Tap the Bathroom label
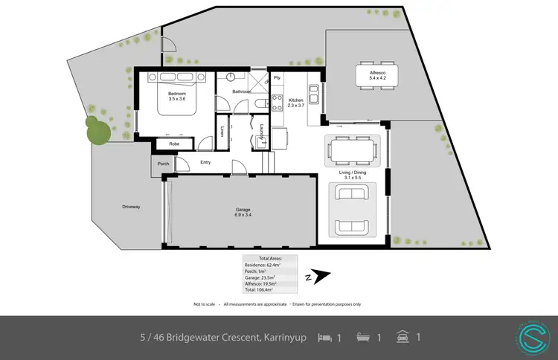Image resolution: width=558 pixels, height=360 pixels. pyautogui.click(x=241, y=91)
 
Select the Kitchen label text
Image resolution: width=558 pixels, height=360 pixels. pyautogui.click(x=296, y=100)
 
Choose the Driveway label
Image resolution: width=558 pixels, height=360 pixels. pyautogui.click(x=132, y=206)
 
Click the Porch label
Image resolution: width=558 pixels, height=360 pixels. pyautogui.click(x=162, y=164)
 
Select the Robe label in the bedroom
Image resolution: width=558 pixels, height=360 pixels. pyautogui.click(x=174, y=144)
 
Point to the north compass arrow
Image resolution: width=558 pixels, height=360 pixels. pyautogui.click(x=320, y=277)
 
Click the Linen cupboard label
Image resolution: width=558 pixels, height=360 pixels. pyautogui.click(x=223, y=132)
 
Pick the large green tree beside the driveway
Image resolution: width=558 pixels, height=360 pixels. pyautogui.click(x=97, y=129)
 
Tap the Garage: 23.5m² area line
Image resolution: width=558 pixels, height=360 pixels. pyautogui.click(x=262, y=277)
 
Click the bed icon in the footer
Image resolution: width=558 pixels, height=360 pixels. pyautogui.click(x=325, y=338)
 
